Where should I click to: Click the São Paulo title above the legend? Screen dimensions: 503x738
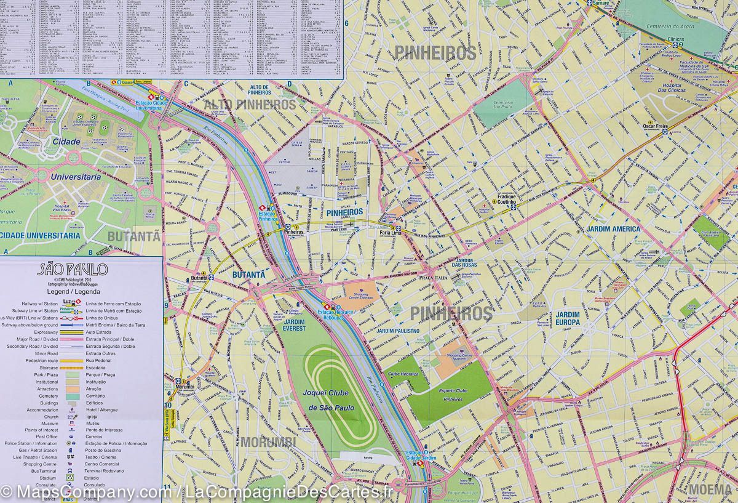tap(73, 270)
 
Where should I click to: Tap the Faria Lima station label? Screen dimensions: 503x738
tap(390, 236)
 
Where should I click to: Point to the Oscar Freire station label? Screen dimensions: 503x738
tap(656, 126)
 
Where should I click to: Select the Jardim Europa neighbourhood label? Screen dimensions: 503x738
tap(568, 318)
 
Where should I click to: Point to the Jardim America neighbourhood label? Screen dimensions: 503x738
tap(613, 229)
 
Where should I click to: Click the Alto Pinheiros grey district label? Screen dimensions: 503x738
tap(250, 104)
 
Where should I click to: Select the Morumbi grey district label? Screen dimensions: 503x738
tap(268, 442)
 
